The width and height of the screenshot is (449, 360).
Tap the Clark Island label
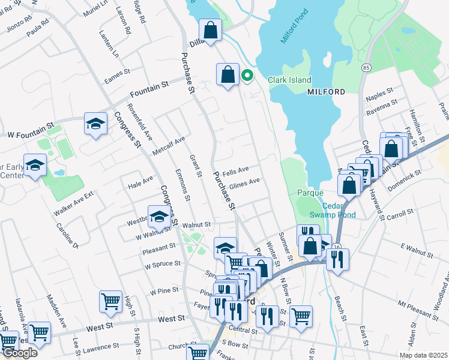point(289,80)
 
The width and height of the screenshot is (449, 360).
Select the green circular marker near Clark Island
point(247,76)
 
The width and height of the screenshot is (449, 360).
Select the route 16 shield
point(337,247)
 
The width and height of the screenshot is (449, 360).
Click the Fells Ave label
point(235,170)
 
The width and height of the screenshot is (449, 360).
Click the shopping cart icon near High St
point(111,301)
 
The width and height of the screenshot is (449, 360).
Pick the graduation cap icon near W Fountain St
point(95,124)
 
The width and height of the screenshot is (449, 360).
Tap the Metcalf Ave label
point(169,145)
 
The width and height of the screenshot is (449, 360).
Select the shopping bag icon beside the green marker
point(228,75)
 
